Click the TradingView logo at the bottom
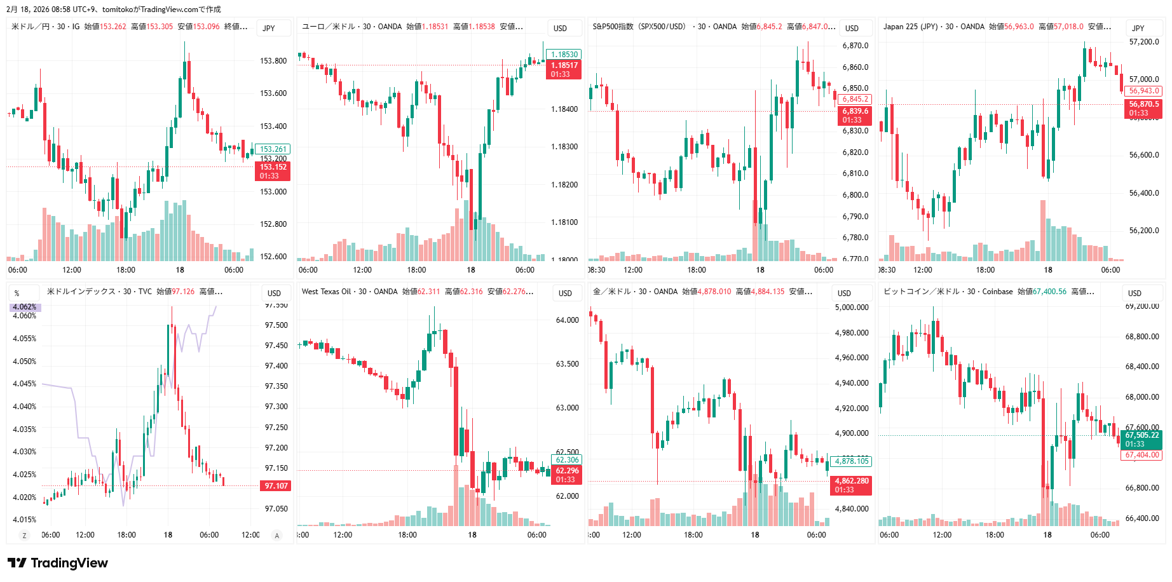(x=58, y=563)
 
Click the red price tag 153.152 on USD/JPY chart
(x=273, y=168)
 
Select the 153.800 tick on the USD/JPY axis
(x=273, y=61)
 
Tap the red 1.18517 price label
(x=564, y=65)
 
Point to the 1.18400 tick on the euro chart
(x=564, y=109)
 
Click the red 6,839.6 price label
(x=855, y=111)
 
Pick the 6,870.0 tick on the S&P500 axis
(x=855, y=46)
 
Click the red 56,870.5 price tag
(x=1143, y=104)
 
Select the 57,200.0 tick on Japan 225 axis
(x=1143, y=42)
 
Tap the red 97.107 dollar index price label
(x=276, y=486)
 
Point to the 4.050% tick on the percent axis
(x=25, y=362)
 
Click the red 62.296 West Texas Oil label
(x=567, y=471)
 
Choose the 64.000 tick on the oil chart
(x=567, y=320)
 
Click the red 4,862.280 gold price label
(x=851, y=481)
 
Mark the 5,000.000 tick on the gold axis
(x=851, y=308)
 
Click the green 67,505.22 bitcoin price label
(x=1142, y=435)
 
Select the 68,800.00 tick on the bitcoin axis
(x=1142, y=337)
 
